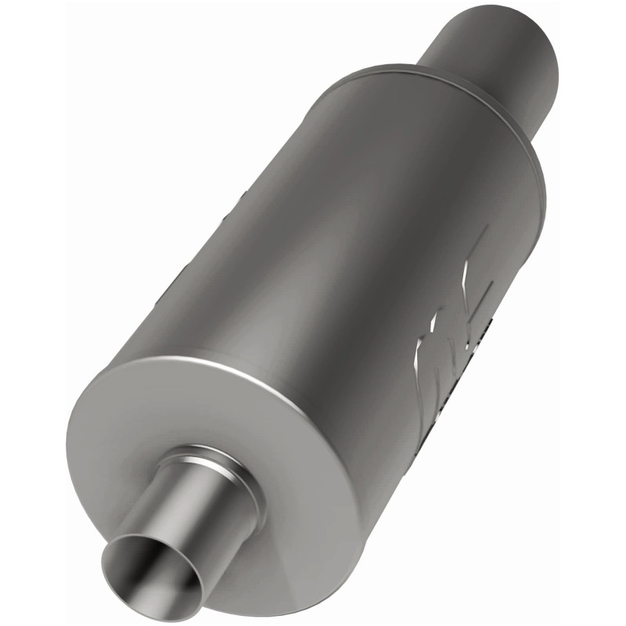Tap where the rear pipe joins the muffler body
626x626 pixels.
[438, 74]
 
